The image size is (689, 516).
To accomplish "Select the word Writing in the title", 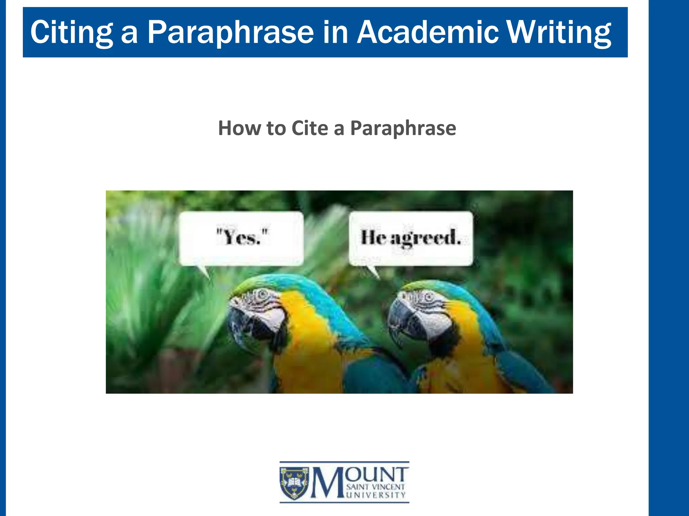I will tap(558, 32).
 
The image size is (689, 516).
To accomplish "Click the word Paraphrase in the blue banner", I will tap(230, 32).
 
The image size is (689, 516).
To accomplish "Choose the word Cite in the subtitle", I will tap(310, 128).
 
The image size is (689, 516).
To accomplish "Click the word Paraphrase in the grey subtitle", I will tap(403, 128).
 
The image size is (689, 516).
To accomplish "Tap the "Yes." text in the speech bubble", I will tap(242, 237).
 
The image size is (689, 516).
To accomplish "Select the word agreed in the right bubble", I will tap(425, 238).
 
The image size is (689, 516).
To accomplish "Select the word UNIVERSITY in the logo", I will tap(376, 495).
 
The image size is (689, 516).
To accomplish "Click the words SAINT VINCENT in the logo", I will tap(375, 487).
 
